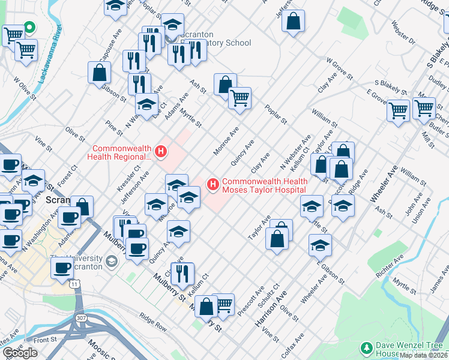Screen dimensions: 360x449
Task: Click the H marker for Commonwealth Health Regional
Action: (x=160, y=152)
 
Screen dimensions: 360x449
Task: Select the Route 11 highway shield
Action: (x=73, y=281)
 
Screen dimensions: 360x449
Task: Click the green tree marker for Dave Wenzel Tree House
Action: (x=365, y=347)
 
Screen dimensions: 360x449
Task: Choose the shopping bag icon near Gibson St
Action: (x=99, y=73)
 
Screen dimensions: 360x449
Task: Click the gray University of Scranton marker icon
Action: (x=111, y=262)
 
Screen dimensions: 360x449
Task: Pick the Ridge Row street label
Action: (x=153, y=323)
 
